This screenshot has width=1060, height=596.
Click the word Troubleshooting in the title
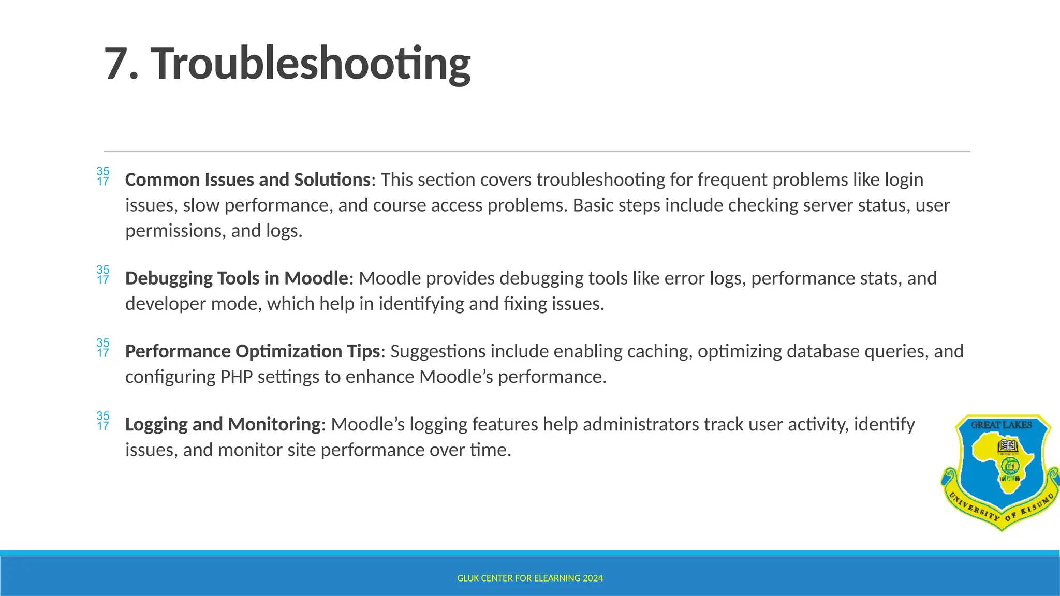click(x=311, y=64)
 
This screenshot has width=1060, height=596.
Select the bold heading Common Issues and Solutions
click(x=247, y=180)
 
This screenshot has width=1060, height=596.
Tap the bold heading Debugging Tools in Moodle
click(x=237, y=278)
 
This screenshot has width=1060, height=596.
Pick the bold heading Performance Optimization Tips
click(x=253, y=351)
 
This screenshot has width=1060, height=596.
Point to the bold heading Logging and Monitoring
click(x=223, y=424)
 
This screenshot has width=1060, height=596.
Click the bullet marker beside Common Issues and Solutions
click(x=103, y=176)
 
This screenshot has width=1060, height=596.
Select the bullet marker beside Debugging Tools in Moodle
click(x=103, y=275)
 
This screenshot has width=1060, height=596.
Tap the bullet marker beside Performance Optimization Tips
click(x=103, y=348)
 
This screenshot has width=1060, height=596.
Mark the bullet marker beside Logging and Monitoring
click(x=103, y=421)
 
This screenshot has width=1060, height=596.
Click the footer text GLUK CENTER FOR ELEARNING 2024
click(x=529, y=578)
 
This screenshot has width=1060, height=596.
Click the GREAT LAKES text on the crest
click(x=1001, y=425)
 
